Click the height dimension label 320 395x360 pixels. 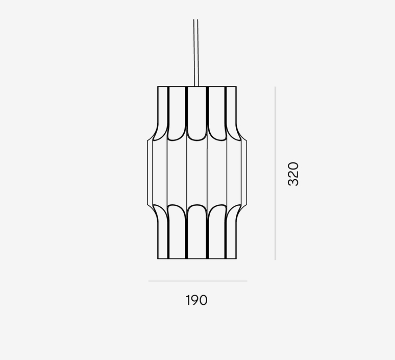click(x=293, y=174)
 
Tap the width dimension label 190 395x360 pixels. click(x=197, y=300)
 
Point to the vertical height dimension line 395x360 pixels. click(x=275, y=173)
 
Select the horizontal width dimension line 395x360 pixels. click(x=197, y=281)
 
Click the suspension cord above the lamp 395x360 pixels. click(x=196, y=53)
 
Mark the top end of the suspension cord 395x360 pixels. click(x=195, y=20)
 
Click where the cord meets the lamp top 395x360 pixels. click(x=196, y=86)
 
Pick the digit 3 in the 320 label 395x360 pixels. click(x=293, y=182)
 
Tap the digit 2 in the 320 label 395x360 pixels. click(x=293, y=175)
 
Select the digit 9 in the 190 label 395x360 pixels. click(x=196, y=300)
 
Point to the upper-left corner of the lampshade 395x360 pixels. click(x=158, y=87)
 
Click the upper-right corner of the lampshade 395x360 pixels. click(x=236, y=87)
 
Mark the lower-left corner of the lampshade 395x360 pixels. click(x=158, y=259)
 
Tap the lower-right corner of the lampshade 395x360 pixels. click(x=236, y=259)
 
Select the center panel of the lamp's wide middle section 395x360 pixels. click(x=197, y=173)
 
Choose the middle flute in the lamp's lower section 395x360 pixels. click(x=197, y=231)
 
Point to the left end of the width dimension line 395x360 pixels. click(x=149, y=281)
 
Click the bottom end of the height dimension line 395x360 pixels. click(x=275, y=260)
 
